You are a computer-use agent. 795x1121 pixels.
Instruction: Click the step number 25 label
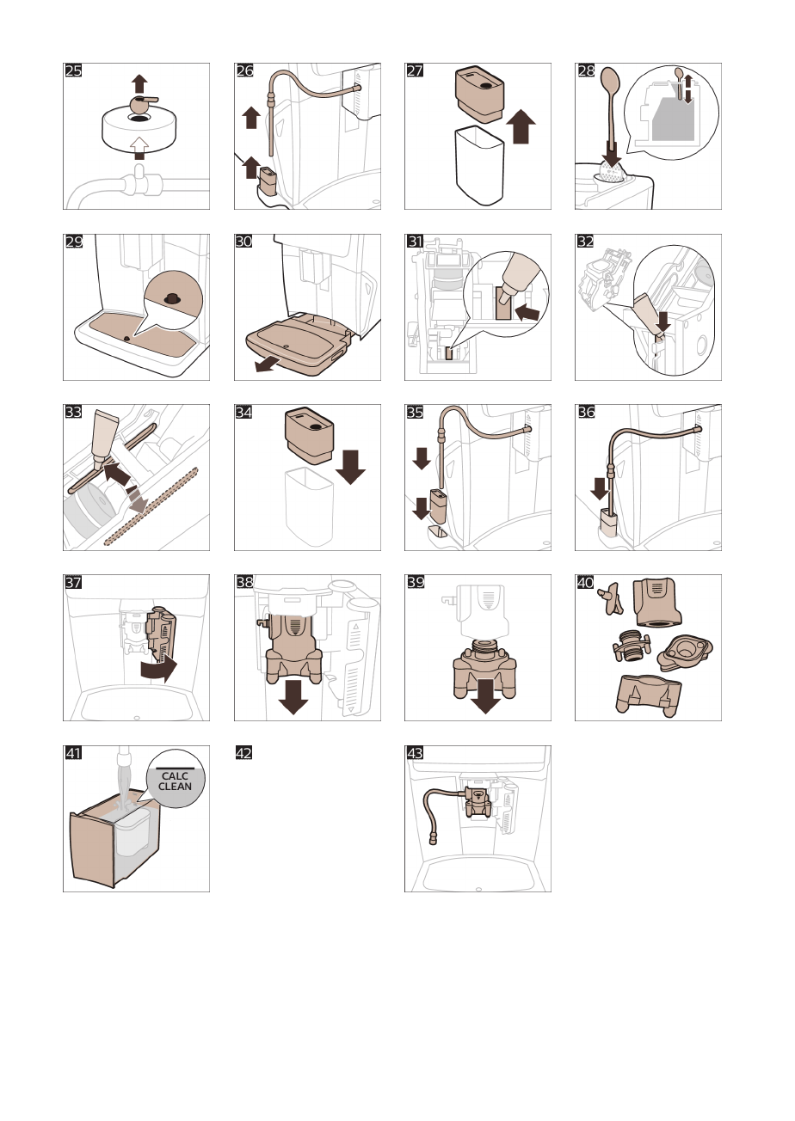tap(74, 71)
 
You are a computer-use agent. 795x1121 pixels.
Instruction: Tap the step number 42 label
tap(244, 753)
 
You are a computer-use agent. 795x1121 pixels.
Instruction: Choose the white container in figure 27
tap(479, 167)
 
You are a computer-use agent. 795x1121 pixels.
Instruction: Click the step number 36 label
tap(586, 412)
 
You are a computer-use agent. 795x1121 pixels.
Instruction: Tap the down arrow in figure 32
tap(662, 322)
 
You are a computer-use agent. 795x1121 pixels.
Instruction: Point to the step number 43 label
tap(416, 753)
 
